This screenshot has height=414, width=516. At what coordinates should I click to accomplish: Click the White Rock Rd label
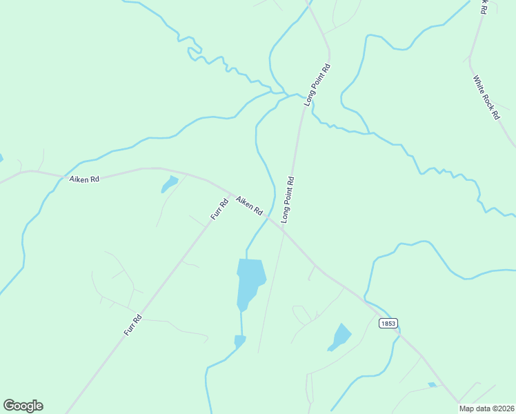[x=486, y=98]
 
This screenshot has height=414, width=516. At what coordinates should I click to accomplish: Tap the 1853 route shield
[x=388, y=323]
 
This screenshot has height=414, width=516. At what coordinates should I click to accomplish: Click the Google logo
[x=23, y=406]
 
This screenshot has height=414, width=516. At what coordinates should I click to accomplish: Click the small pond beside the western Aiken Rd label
[x=169, y=184]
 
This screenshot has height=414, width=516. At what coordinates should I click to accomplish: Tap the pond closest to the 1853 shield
[x=340, y=337]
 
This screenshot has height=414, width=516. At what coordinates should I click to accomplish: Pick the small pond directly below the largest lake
[x=239, y=341]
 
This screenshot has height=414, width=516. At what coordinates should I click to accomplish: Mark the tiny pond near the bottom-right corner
[x=432, y=384]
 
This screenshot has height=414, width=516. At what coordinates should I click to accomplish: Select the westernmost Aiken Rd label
[x=84, y=179]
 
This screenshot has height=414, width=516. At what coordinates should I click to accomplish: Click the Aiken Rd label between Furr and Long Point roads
[x=249, y=205]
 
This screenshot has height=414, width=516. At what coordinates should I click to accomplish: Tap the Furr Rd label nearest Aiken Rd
[x=219, y=209]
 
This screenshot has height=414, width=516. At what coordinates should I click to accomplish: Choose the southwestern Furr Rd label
[x=133, y=325]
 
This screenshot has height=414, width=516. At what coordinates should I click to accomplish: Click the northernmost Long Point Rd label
[x=317, y=84]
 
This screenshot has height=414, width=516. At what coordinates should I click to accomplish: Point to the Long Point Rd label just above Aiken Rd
[x=288, y=199]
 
